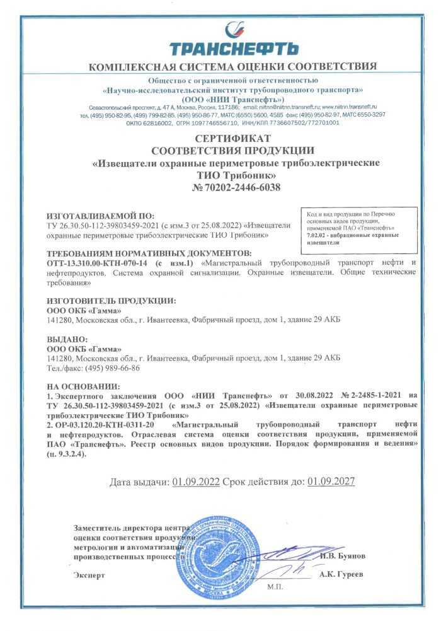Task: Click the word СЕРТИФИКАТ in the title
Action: pyautogui.click(x=232, y=138)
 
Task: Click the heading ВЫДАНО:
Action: pyautogui.click(x=67, y=339)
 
